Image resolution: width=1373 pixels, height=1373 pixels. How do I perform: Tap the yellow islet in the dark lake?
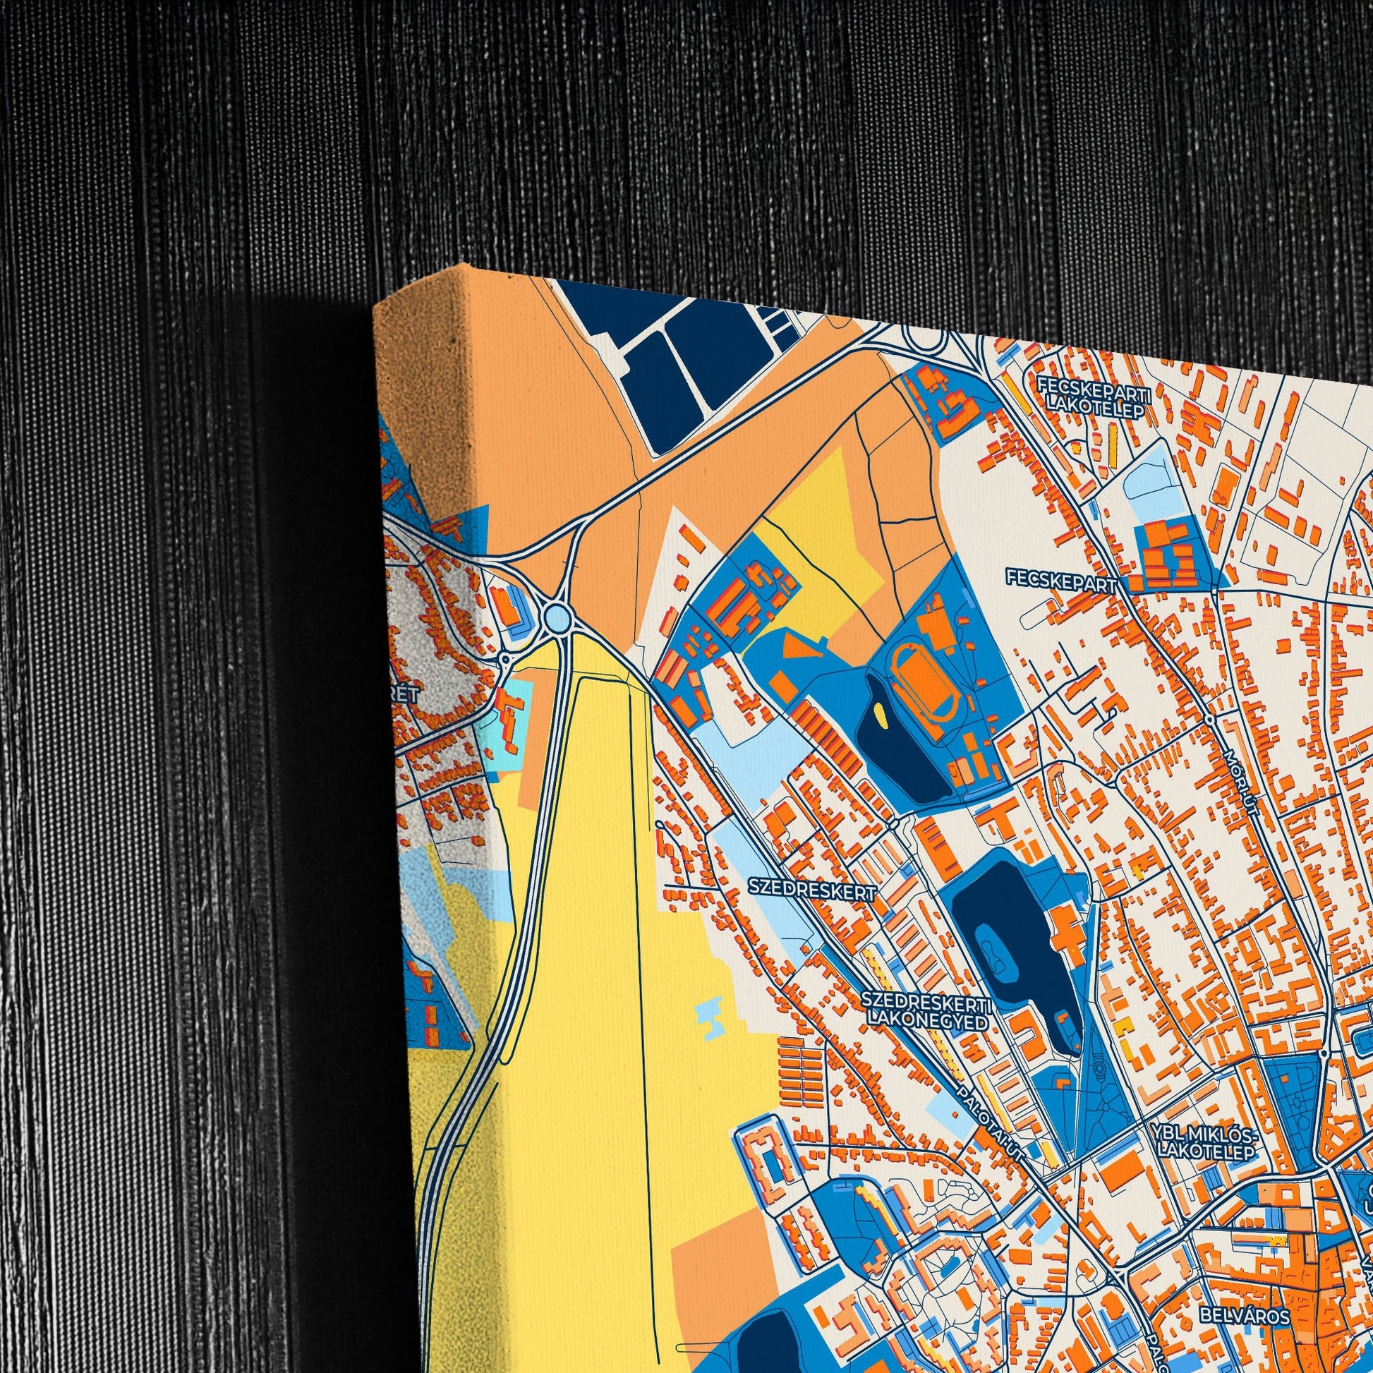tap(882, 713)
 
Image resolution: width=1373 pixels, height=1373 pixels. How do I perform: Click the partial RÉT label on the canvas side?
tap(405, 695)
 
